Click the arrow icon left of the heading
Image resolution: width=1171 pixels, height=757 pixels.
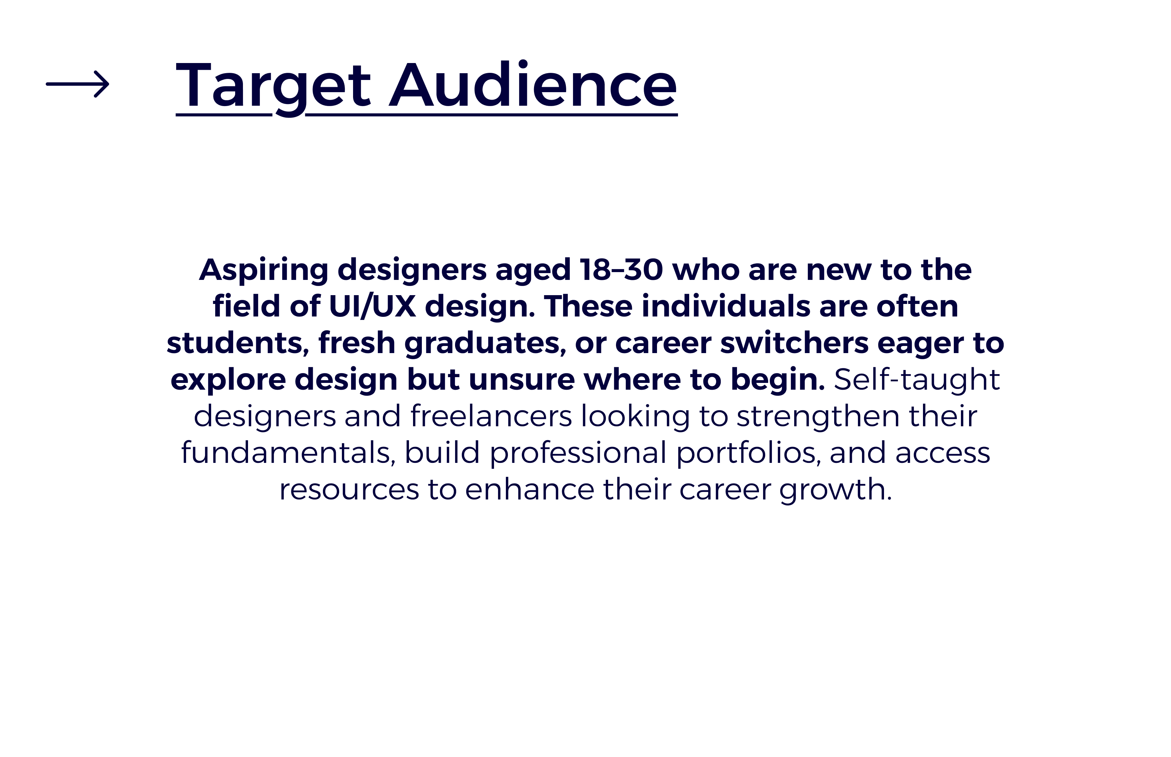pos(77,84)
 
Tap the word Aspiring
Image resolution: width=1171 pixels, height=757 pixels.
pos(263,270)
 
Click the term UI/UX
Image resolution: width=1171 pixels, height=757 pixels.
pos(372,306)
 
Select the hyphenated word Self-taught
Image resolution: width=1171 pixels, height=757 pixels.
pos(917,380)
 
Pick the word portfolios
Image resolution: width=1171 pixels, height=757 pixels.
pos(748,453)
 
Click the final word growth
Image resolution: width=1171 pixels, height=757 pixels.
pos(835,490)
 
